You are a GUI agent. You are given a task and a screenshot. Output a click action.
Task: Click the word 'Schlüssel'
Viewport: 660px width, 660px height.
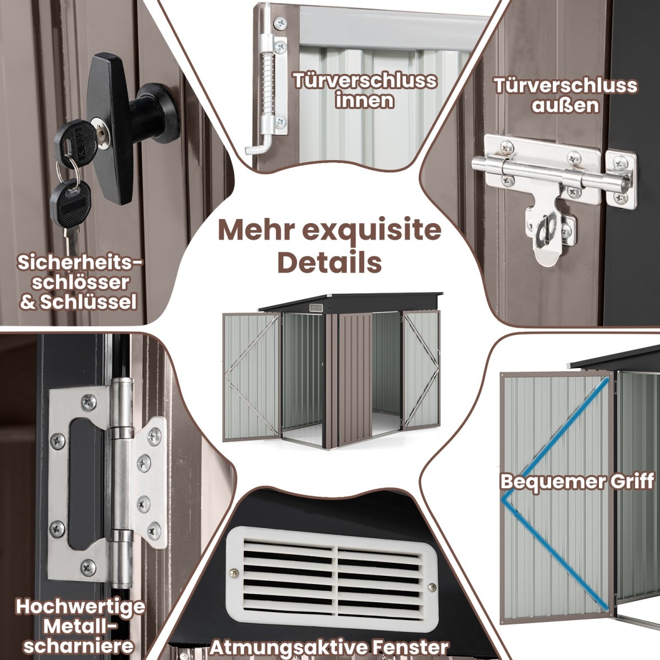[89, 302]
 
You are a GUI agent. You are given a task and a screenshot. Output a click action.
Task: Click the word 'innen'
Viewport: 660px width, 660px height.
[365, 101]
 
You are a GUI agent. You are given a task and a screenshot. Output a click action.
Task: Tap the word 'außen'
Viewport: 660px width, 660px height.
[565, 105]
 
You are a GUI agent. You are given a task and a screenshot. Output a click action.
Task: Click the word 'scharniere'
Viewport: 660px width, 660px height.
[79, 645]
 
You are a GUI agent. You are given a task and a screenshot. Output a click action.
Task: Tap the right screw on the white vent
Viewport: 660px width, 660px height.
[432, 587]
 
